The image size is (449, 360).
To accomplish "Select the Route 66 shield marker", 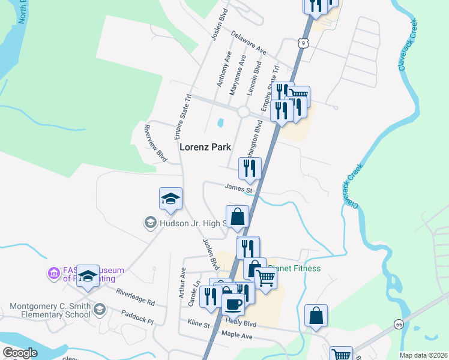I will click(x=399, y=324).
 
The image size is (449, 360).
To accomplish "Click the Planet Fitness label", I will click(x=294, y=268).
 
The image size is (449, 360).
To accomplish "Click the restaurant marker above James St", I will click(x=250, y=169).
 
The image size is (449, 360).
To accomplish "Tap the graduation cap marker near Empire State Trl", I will click(x=170, y=199).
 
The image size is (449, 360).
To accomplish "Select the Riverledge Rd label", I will click(x=135, y=298).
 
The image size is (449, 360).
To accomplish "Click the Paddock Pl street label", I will click(x=137, y=317).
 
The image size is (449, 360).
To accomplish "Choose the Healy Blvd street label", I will click(x=241, y=323).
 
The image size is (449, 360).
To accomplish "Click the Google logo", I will click(x=20, y=353).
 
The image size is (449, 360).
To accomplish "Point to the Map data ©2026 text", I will click(x=423, y=355).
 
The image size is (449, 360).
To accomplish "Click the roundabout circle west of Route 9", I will click(x=244, y=112).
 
